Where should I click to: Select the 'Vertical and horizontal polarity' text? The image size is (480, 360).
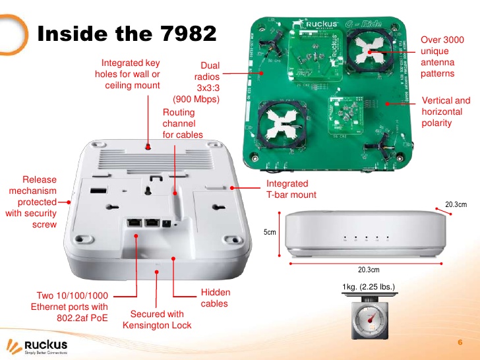point(445,112)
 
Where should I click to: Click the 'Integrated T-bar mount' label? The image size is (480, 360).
point(291,189)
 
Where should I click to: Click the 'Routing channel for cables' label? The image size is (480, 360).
point(183,124)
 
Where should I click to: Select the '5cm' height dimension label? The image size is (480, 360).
point(270,233)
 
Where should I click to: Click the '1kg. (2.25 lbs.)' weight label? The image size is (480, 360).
point(369,287)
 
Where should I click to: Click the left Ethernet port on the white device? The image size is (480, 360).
point(133,223)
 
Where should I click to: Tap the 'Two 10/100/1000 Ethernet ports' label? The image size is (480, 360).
point(69,307)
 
